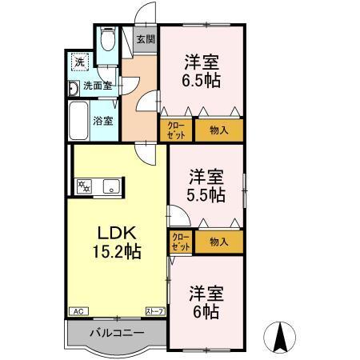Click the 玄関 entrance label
coord(144,38)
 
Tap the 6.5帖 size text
coord(201,80)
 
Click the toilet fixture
coord(109,42)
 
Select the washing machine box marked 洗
coord(79,61)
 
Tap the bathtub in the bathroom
coord(78,120)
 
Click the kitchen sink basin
coord(109,189)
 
